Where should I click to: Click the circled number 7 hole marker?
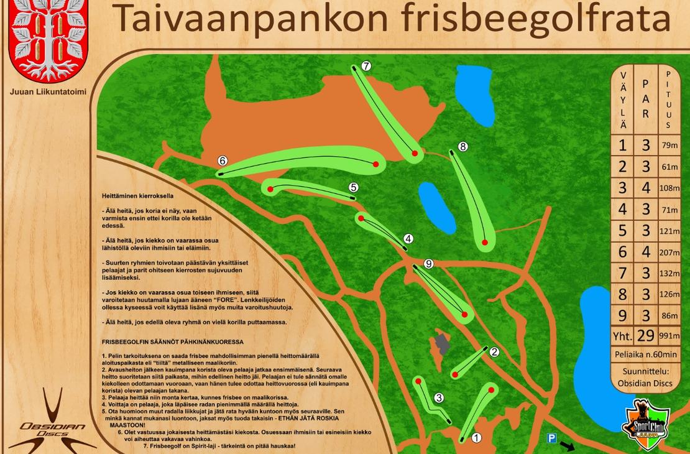tap(366, 65)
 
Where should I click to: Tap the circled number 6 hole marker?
tap(223, 160)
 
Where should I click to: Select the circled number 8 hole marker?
tap(462, 146)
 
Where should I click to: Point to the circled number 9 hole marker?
tap(428, 264)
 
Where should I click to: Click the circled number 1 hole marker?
tap(477, 437)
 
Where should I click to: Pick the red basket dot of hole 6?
tap(375, 164)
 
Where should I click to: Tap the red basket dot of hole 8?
tap(485, 242)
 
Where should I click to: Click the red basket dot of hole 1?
tap(491, 390)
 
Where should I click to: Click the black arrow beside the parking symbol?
tap(568, 446)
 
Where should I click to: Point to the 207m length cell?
tap(668, 252)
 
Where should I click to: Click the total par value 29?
tap(646, 336)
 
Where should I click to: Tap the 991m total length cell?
tap(668, 336)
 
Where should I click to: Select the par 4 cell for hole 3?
tap(646, 188)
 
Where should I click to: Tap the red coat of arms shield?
tap(48, 39)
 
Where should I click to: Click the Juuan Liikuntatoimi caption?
tap(48, 91)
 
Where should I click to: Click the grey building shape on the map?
tap(442, 343)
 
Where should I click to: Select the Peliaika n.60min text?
tap(645, 353)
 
